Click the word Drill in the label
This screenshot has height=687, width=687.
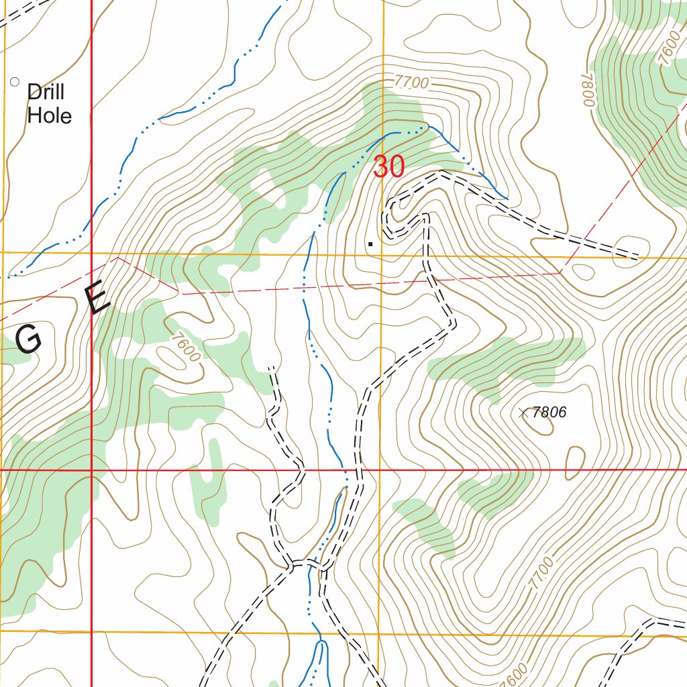point(46,92)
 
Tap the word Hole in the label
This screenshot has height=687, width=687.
point(49,115)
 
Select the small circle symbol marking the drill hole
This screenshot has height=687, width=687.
point(15,82)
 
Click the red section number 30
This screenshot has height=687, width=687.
point(388,167)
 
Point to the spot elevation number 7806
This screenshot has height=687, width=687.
point(549,413)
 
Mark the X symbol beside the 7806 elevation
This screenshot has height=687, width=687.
point(524,413)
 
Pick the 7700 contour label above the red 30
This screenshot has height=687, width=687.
point(411,83)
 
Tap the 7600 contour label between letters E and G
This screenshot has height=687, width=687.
point(186,348)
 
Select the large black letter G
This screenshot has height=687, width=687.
point(29,341)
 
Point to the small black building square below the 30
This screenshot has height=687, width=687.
point(370,244)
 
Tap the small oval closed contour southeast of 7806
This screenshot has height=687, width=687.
point(575,463)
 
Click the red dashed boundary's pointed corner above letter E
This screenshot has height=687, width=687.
point(118,257)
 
